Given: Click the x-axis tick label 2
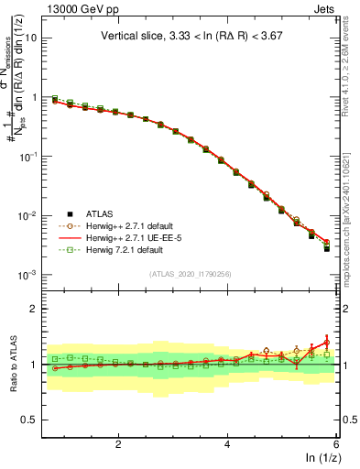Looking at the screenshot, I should click(x=118, y=443).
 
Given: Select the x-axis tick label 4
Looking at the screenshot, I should click(x=227, y=443).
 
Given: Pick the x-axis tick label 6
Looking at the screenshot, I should click(x=336, y=443).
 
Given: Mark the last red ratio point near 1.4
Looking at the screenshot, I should click(x=326, y=342).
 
